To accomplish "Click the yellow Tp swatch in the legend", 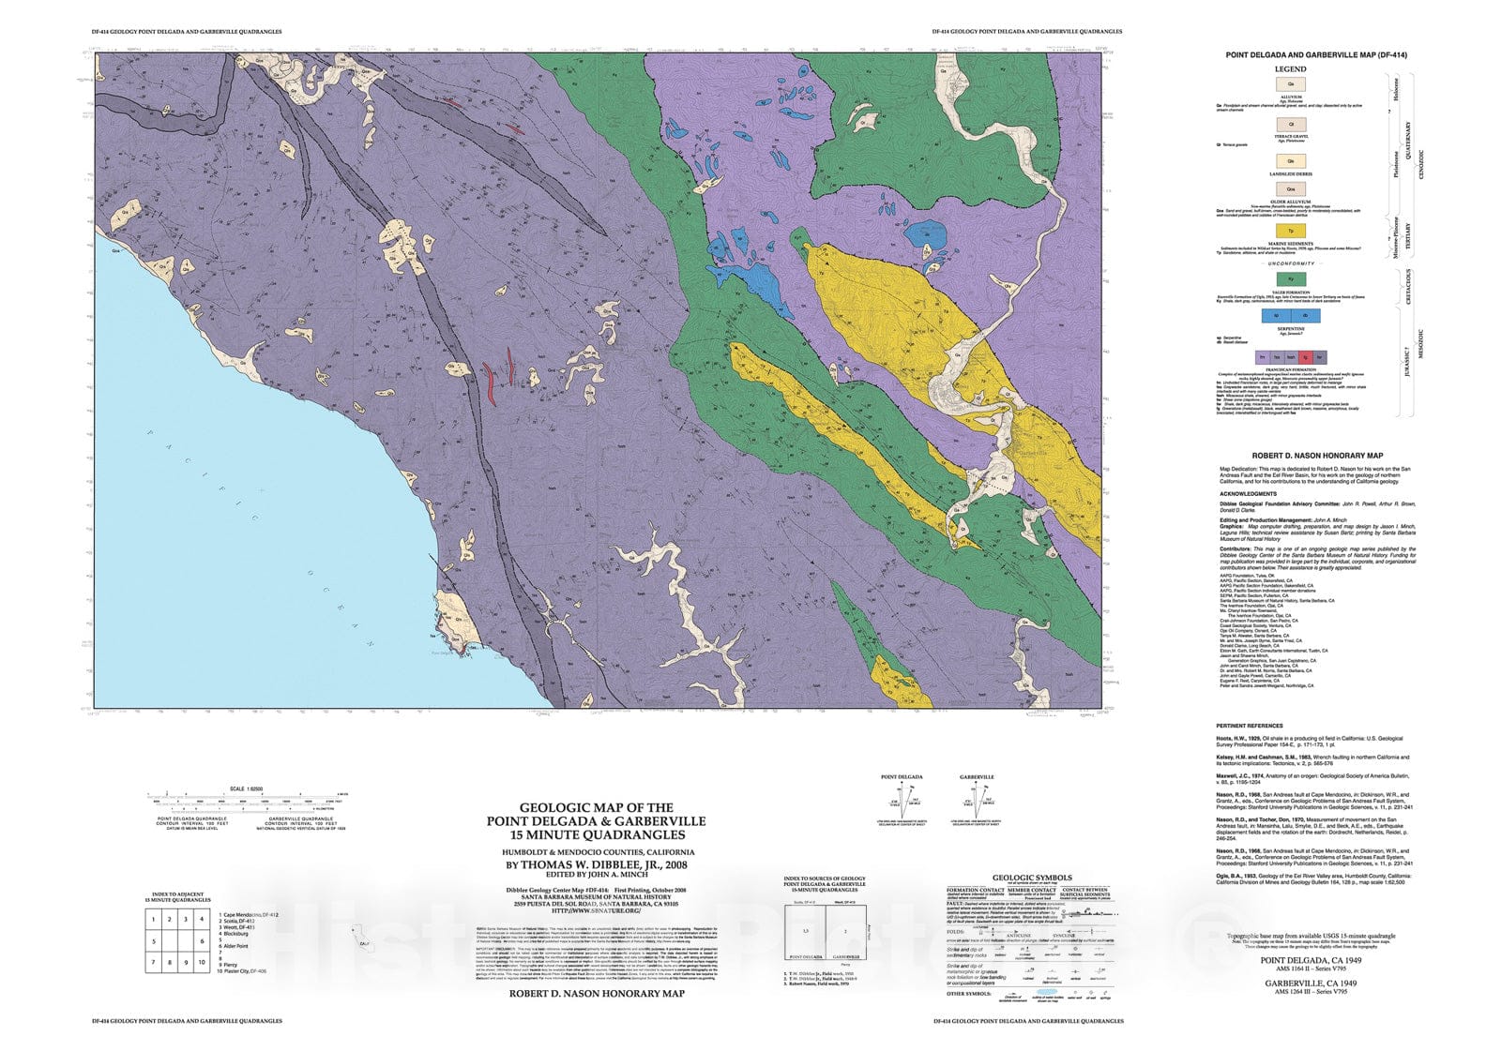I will tap(1291, 231).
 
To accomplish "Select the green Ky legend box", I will tap(1291, 278).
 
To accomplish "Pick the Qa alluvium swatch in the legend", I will tap(1291, 84).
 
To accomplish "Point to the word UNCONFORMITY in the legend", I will tap(1291, 263).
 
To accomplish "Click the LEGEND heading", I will tap(1291, 69).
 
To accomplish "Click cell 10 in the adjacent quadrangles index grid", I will tap(202, 962).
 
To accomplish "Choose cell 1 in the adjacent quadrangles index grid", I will tap(153, 920).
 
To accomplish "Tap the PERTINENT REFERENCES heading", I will tap(1250, 726).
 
